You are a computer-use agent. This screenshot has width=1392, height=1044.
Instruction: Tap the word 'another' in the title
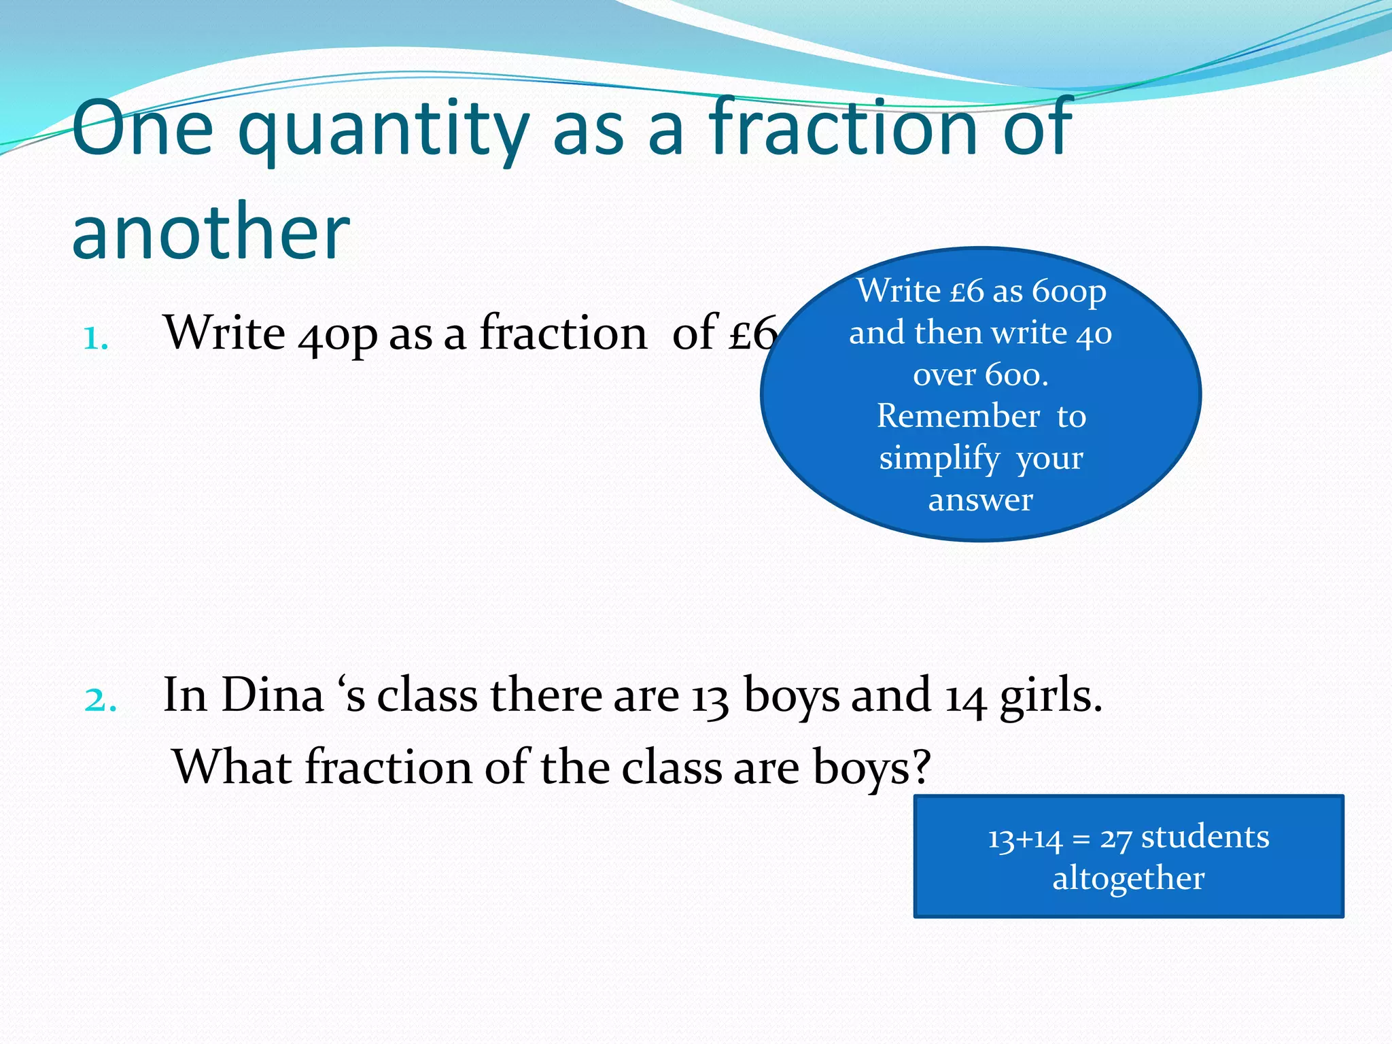tap(211, 232)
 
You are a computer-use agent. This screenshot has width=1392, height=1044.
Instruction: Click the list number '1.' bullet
tap(96, 338)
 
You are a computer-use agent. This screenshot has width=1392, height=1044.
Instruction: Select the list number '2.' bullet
tap(101, 699)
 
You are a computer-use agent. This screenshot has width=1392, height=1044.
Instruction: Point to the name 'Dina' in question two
tap(273, 696)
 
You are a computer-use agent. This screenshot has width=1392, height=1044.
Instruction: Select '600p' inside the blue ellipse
tap(1069, 292)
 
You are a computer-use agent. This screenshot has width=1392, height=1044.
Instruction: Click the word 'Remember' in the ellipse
tap(958, 416)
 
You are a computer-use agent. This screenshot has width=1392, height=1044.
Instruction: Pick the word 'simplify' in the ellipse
tap(939, 459)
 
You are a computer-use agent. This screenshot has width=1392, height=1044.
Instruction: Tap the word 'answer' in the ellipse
tap(981, 500)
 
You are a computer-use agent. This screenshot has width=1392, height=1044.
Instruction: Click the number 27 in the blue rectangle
tap(1116, 839)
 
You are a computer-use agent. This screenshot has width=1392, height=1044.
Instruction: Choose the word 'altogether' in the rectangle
tap(1128, 878)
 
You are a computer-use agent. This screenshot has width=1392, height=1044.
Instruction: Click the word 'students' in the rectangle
tap(1205, 837)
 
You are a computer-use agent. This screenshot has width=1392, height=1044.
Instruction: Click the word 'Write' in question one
tap(225, 334)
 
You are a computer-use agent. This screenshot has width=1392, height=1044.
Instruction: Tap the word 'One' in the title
tap(143, 129)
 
